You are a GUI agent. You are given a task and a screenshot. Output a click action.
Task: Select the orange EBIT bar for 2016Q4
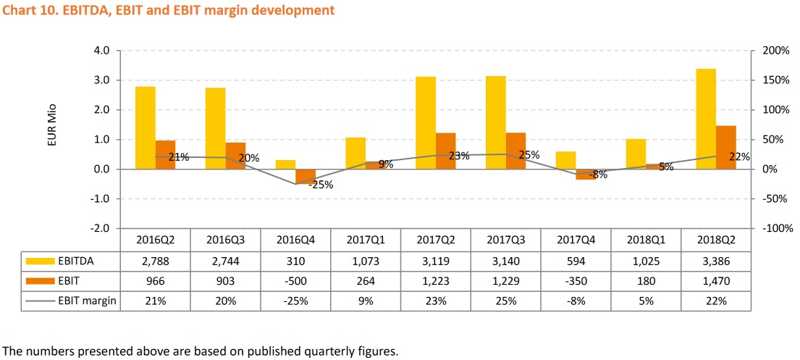click(x=306, y=176)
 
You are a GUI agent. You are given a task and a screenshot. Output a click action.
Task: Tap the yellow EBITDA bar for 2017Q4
click(x=565, y=160)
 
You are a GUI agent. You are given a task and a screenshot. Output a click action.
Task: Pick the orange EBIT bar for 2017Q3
click(x=515, y=151)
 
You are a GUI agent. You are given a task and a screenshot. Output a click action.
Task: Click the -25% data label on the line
click(x=321, y=185)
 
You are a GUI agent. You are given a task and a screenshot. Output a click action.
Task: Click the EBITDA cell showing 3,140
click(x=506, y=261)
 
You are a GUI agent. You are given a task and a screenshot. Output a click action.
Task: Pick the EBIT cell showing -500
click(x=295, y=281)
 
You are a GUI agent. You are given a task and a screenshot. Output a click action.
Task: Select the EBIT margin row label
click(x=86, y=301)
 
